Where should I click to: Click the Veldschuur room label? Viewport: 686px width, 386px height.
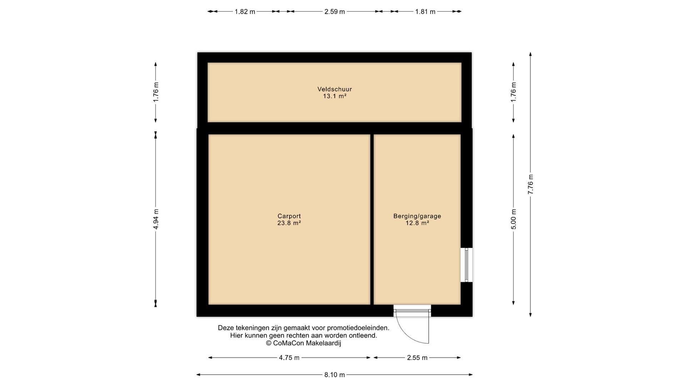[334, 89]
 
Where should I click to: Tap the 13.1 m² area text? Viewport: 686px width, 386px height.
[335, 96]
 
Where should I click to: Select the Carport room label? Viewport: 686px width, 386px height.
[289, 216]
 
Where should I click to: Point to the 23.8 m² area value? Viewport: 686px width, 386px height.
[289, 223]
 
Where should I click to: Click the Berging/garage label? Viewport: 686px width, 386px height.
[417, 216]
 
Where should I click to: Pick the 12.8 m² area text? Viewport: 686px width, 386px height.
[417, 223]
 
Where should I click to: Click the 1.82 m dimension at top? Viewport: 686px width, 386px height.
[245, 12]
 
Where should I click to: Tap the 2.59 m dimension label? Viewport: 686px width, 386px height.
[334, 12]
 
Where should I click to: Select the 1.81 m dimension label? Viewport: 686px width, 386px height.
[425, 12]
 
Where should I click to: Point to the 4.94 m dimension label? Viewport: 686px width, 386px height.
[156, 219]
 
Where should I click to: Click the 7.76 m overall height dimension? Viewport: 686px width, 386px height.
[531, 184]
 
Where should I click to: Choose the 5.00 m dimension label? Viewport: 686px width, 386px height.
[513, 219]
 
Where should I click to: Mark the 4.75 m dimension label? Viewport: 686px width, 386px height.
[289, 358]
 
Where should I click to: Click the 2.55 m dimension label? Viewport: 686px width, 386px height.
[417, 358]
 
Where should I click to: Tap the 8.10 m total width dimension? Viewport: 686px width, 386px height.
[334, 375]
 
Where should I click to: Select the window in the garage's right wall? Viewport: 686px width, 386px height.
[467, 265]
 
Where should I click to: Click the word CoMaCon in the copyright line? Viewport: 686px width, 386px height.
[289, 343]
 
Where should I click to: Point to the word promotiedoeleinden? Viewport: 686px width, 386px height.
[358, 328]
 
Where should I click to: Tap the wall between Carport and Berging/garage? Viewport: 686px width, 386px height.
[372, 219]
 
